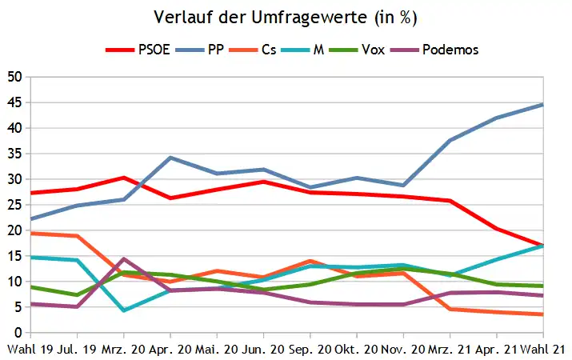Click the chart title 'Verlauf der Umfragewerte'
[x=260, y=17]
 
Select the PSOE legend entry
[x=138, y=50]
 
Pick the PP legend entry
[x=199, y=50]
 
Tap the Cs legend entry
[x=253, y=50]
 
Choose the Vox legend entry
[x=357, y=50]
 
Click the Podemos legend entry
[x=434, y=50]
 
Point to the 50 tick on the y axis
[x=14, y=77]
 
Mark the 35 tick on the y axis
[x=14, y=154]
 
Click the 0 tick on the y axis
[x=18, y=332]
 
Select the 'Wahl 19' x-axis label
[x=30, y=350]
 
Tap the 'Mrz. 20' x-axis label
[x=124, y=350]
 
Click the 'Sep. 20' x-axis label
[x=310, y=350]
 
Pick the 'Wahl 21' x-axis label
[x=543, y=350]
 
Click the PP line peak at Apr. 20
[x=170, y=158]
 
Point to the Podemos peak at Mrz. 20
[x=124, y=258]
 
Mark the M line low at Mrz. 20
[x=124, y=310]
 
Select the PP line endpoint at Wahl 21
[x=543, y=105]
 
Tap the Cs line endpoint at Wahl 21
[x=543, y=314]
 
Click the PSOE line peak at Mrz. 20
[x=124, y=178]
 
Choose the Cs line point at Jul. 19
[x=77, y=236]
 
